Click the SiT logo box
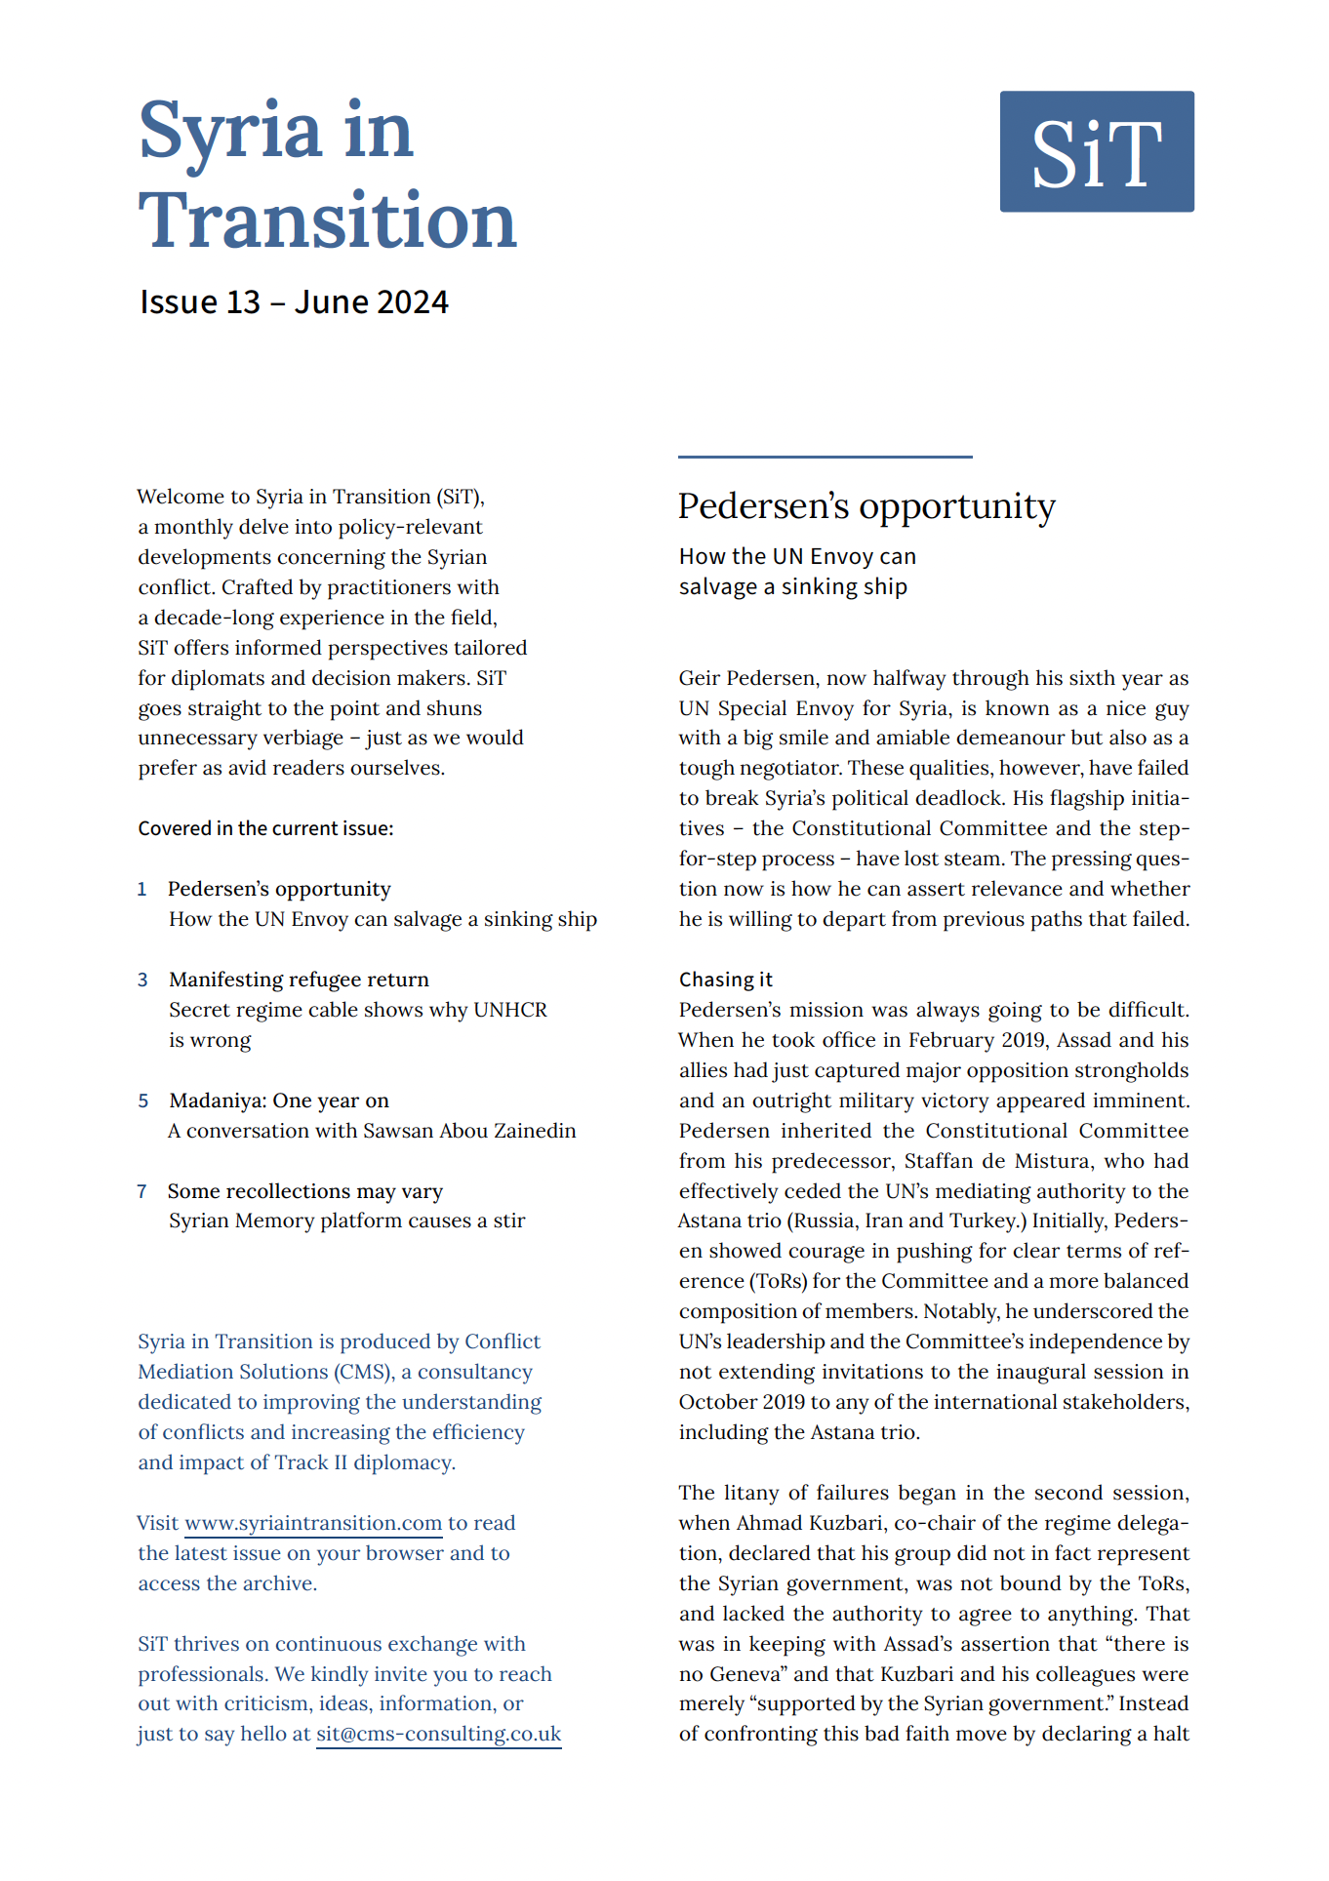point(1096,151)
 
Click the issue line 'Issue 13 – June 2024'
point(294,302)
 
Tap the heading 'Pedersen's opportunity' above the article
point(866,506)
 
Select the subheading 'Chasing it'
point(725,980)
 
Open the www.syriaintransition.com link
point(313,1523)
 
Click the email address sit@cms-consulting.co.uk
point(438,1734)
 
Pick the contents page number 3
point(142,980)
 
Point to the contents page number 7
point(142,1191)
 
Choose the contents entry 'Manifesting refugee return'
point(299,980)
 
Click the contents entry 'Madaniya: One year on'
point(279,1101)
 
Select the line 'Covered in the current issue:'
point(265,828)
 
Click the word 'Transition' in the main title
point(327,221)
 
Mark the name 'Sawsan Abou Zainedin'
point(469,1131)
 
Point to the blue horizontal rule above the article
point(825,457)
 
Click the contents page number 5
point(142,1101)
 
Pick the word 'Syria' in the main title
point(230,132)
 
